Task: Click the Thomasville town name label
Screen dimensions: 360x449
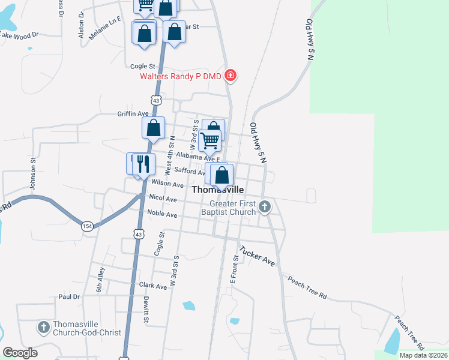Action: pos(218,190)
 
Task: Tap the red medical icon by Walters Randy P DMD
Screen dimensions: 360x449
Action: pos(230,76)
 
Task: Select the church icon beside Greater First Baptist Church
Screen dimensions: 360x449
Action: pos(265,208)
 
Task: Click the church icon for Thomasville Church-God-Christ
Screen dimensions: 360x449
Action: pos(44,328)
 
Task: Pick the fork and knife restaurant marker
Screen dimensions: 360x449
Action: pos(143,163)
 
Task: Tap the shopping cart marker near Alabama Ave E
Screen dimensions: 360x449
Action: pos(210,140)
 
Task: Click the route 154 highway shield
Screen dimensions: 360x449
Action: pos(88,226)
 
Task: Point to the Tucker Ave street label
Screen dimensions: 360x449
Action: pos(256,256)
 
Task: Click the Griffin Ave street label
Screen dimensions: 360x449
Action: pos(133,113)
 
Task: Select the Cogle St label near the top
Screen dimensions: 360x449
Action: pos(143,66)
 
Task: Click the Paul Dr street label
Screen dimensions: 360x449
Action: pos(69,297)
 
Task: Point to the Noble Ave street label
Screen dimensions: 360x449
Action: pos(163,214)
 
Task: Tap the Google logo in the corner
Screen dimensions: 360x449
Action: pos(20,353)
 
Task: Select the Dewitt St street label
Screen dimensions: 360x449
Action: pos(146,310)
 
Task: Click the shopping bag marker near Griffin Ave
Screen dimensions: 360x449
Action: pos(154,128)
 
